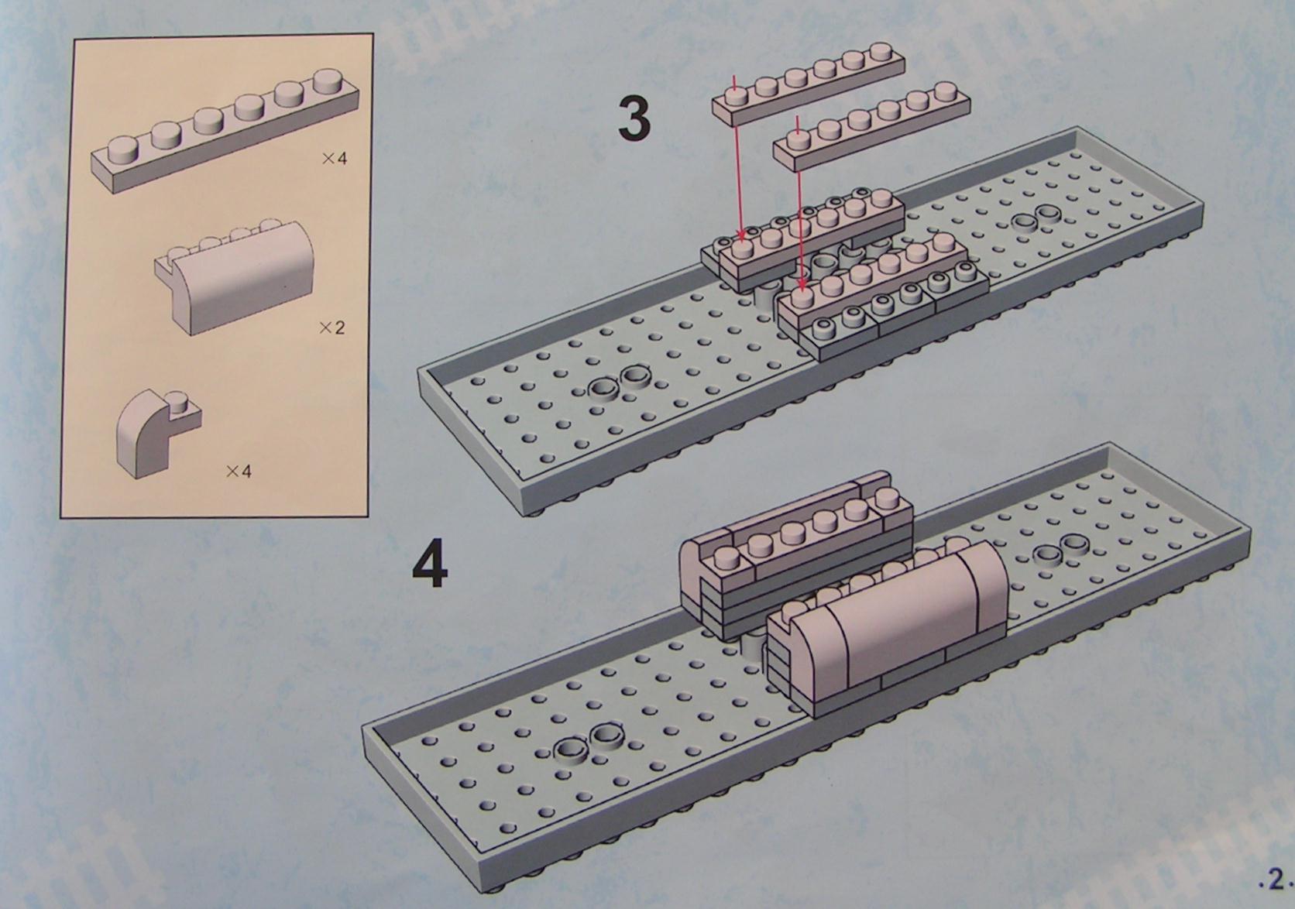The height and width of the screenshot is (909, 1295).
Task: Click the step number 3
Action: (x=634, y=118)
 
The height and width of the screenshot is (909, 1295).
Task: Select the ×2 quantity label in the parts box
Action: (x=331, y=328)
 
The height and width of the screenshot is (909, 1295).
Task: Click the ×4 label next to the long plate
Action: (x=335, y=158)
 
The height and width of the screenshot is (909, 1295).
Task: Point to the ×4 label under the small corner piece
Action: (x=239, y=472)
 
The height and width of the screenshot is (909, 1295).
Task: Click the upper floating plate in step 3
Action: (x=808, y=82)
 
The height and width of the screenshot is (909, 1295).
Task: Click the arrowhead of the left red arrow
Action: (x=740, y=234)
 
